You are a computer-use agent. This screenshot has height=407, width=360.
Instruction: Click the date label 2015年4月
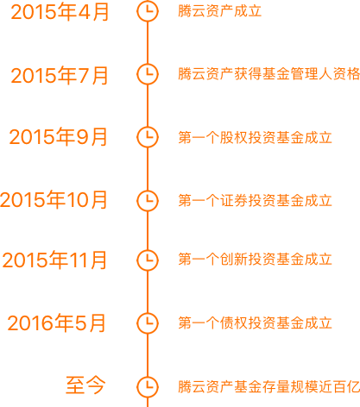click(x=60, y=12)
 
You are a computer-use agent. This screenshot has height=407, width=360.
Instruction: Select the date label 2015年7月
click(x=60, y=76)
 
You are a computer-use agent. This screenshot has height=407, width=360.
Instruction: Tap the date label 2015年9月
click(x=59, y=137)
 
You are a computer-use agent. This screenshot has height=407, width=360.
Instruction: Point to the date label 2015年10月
click(x=54, y=200)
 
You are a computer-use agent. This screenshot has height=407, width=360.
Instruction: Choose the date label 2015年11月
click(x=54, y=260)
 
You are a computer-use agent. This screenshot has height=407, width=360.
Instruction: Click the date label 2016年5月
click(x=56, y=322)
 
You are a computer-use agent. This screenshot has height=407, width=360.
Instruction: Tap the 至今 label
click(x=85, y=385)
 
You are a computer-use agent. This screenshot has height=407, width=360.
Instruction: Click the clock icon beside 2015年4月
click(x=148, y=11)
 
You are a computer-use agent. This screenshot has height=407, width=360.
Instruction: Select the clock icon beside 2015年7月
click(x=148, y=74)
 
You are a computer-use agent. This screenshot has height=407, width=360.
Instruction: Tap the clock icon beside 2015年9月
click(x=148, y=137)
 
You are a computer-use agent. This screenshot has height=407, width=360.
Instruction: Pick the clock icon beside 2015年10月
click(x=148, y=200)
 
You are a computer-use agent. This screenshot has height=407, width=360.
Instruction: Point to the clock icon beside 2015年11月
click(x=148, y=260)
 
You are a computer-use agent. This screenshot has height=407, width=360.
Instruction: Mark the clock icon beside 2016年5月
click(x=148, y=322)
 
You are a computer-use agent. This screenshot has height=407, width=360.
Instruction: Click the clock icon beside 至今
click(x=148, y=386)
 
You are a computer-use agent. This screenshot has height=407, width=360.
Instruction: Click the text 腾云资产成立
click(x=220, y=11)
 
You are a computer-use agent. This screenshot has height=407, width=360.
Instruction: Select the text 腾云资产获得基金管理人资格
click(x=269, y=74)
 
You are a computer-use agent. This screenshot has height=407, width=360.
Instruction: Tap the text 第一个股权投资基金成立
click(x=256, y=137)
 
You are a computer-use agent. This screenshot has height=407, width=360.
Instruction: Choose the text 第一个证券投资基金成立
click(x=256, y=200)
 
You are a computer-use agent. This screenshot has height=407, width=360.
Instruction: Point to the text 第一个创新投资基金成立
click(x=256, y=260)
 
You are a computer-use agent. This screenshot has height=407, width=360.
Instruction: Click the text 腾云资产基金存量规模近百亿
click(x=269, y=386)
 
